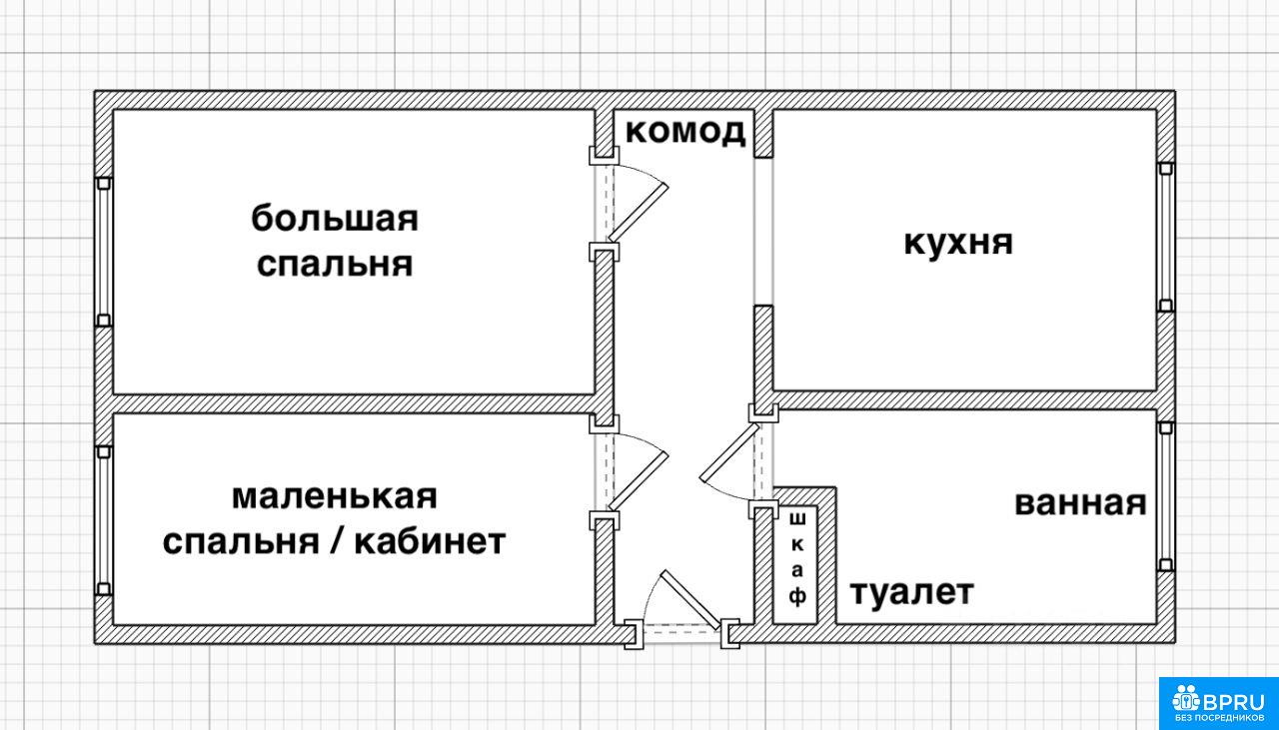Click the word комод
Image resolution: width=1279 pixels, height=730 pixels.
pos(685,133)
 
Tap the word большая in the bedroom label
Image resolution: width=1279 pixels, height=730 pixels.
pos(335,218)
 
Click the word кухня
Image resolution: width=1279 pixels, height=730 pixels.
pos(958,243)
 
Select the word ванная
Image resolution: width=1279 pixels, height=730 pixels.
pos(1080,503)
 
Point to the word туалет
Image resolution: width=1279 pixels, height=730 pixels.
pos(912,592)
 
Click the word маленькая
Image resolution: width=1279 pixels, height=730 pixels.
pos(334,496)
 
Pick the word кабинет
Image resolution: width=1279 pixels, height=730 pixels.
pos(430,541)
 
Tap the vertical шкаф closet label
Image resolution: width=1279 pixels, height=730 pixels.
pos(797,559)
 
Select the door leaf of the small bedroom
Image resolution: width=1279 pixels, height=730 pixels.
pos(638,481)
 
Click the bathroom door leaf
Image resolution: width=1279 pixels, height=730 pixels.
pos(729,452)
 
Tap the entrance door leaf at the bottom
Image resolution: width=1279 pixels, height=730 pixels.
pos(689,600)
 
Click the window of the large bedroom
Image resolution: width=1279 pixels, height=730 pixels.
pos(103,252)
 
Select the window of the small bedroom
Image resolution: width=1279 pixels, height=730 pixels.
pos(103,520)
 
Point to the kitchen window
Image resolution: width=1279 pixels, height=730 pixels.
pos(1165,237)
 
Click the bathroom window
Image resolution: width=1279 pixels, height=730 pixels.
pos(1165,496)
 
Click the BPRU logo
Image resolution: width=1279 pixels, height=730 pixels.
pos(1218,703)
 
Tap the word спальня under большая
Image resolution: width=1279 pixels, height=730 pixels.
pos(335,265)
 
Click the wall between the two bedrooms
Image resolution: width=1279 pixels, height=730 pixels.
pos(354,404)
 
